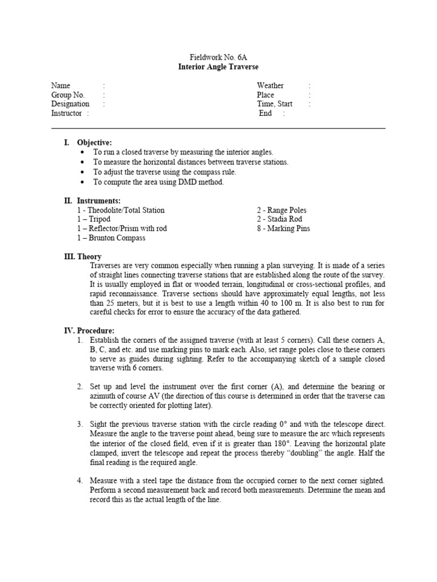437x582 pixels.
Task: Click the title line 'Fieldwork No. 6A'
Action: tap(218, 58)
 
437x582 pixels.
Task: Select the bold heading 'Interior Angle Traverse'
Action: tap(218, 67)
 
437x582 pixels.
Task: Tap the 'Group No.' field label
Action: tap(68, 95)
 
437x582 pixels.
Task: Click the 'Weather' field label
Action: tap(270, 86)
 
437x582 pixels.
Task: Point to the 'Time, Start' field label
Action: tap(274, 104)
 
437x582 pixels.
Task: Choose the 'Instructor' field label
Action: tap(67, 113)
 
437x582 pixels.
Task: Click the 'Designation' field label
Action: tap(70, 104)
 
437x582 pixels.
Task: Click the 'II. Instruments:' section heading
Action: tap(92, 201)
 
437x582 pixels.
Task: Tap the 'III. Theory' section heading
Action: tap(83, 257)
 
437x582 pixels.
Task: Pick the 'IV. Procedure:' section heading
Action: tap(89, 331)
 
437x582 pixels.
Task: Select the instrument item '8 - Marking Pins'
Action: tap(283, 228)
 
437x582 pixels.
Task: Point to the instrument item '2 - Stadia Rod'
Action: tap(279, 219)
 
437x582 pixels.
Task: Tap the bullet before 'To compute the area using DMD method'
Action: tap(83, 182)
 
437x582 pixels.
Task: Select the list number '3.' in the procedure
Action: tap(80, 424)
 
